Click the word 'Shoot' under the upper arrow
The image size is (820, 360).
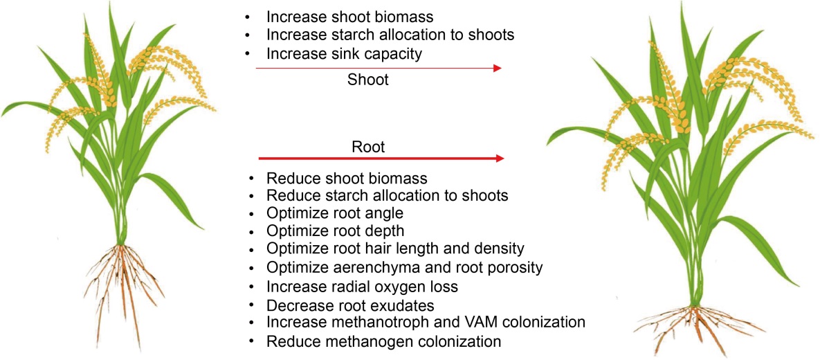(369, 80)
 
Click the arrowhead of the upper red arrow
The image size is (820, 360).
(498, 68)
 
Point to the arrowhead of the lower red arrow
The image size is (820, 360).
(500, 158)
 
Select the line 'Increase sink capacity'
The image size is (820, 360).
(344, 53)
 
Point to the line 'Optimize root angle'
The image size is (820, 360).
(335, 213)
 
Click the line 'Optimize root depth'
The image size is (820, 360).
(335, 231)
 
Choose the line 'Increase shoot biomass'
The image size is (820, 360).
(350, 17)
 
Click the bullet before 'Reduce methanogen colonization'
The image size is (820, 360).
(253, 342)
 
